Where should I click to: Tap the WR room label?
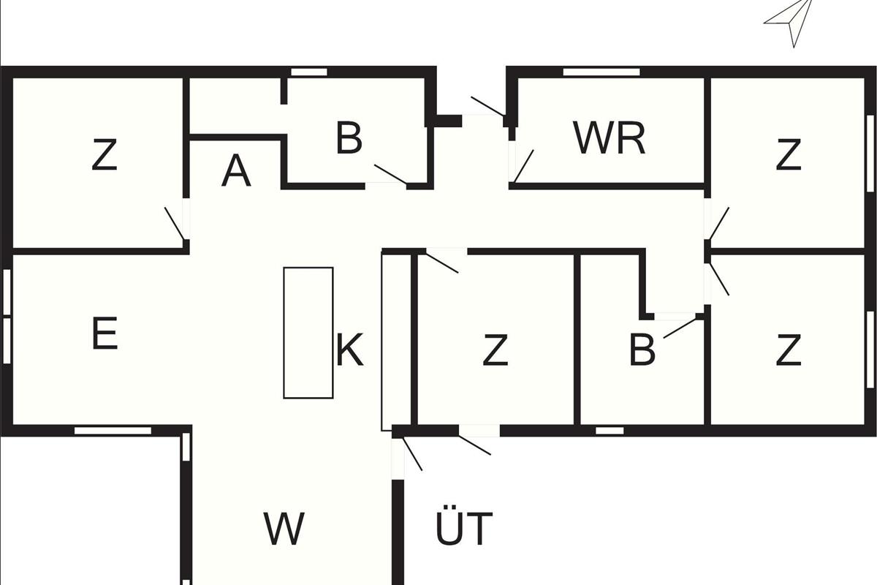609,138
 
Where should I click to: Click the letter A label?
236,172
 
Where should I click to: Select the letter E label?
105,335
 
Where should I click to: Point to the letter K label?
349,350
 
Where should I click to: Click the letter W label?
284,529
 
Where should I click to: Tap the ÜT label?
464,529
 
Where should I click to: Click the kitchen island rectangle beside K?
308,333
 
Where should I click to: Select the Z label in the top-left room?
105,155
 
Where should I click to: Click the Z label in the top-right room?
788,155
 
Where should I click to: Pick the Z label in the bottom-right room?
788,351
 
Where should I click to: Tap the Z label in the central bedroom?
495,351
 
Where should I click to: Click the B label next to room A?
349,138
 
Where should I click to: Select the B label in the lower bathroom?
642,351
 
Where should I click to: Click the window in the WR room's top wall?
601,72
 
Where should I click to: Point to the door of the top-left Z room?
175,224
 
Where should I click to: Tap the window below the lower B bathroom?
610,431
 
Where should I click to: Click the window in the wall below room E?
113,431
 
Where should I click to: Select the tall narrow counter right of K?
387,341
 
